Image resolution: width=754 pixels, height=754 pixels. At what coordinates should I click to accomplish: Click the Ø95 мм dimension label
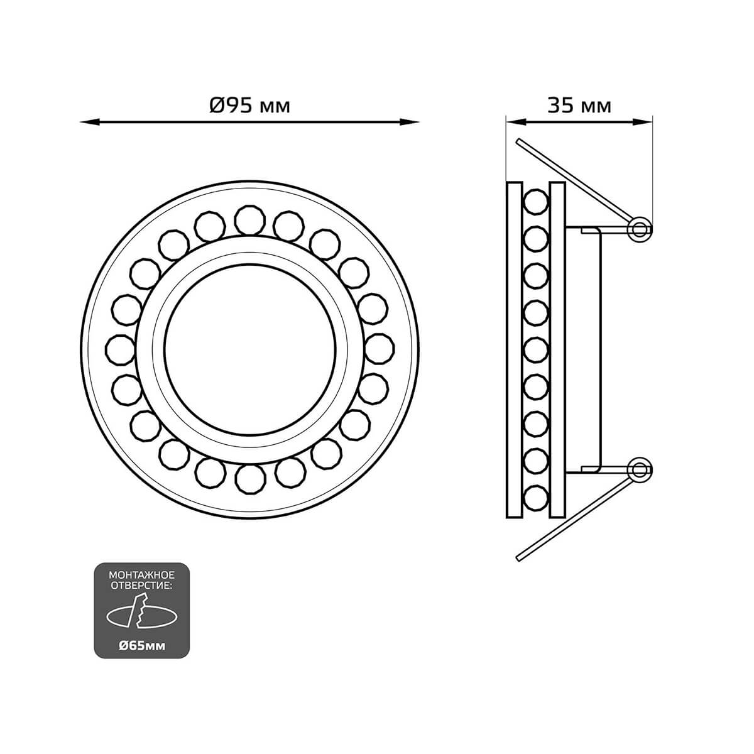point(249,106)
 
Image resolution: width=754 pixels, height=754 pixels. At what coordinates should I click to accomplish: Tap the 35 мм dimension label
point(579,106)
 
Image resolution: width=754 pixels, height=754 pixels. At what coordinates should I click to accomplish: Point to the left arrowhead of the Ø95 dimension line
point(90,123)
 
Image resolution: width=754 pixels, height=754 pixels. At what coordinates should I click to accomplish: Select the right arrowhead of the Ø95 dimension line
point(409,123)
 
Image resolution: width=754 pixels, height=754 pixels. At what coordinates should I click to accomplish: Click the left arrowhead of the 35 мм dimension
point(515,123)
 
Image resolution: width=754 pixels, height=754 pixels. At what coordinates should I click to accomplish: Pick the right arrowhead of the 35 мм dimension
point(643,123)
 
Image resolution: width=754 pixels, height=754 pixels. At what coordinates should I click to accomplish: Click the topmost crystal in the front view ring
point(250,221)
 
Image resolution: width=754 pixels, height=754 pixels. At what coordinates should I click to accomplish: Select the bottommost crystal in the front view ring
point(251,479)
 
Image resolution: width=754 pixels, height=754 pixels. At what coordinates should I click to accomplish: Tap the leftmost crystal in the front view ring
point(121,350)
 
